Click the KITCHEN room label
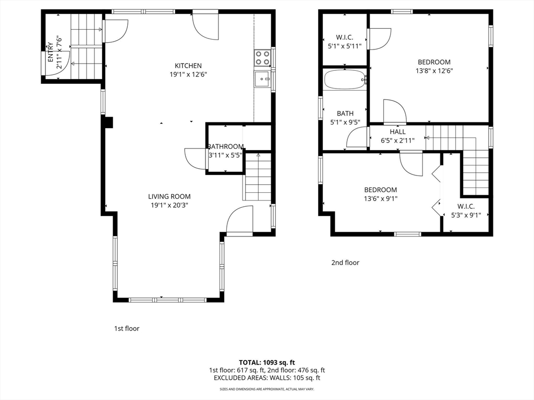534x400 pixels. [x=188, y=66]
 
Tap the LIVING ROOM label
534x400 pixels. [x=169, y=196]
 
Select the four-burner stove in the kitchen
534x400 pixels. [x=262, y=57]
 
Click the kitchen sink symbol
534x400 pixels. [x=262, y=79]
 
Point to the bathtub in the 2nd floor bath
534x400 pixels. [x=345, y=79]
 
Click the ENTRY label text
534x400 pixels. [x=51, y=52]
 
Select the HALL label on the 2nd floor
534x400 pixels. [x=398, y=132]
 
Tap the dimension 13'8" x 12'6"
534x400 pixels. [x=434, y=71]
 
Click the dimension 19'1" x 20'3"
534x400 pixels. [x=169, y=205]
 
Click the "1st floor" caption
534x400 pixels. [x=127, y=329]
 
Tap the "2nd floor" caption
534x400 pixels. [x=345, y=262]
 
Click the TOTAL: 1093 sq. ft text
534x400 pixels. [x=267, y=362]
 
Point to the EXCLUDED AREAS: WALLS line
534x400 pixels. [x=267, y=378]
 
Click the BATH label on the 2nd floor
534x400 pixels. [x=345, y=113]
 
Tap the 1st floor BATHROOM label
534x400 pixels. [x=226, y=146]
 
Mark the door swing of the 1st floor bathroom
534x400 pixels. [x=196, y=158]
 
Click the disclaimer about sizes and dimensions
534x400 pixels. [x=267, y=389]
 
